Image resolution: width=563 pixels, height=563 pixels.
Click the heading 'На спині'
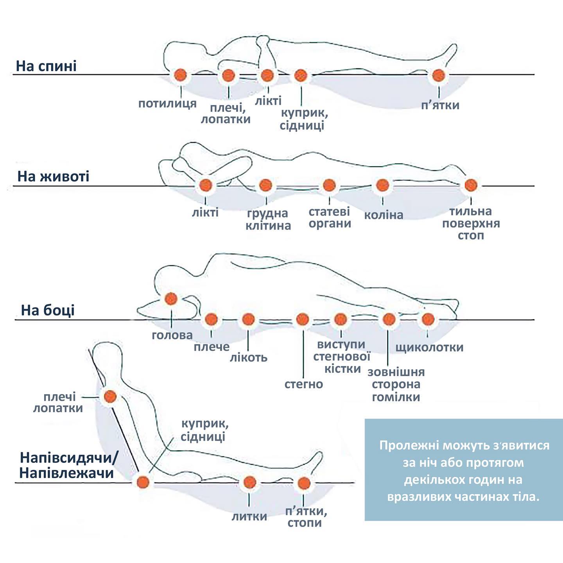pyautogui.click(x=46, y=66)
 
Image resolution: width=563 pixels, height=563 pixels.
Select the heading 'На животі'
pyautogui.click(x=53, y=176)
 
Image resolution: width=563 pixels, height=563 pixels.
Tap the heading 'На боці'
pyautogui.click(x=48, y=310)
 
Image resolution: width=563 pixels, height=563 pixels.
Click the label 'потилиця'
pyautogui.click(x=167, y=104)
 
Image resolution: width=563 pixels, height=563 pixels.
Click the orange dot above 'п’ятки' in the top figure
pyautogui.click(x=438, y=75)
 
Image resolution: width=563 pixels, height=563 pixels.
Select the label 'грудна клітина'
pyautogui.click(x=268, y=219)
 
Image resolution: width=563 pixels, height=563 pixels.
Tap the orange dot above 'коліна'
pyautogui.click(x=382, y=185)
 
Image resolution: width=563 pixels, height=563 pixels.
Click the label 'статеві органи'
pyautogui.click(x=330, y=218)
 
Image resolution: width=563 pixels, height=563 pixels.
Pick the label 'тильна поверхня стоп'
pyautogui.click(x=471, y=224)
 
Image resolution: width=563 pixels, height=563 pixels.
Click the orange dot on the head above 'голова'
pyautogui.click(x=171, y=299)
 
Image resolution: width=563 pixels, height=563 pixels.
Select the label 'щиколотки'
pyautogui.click(x=429, y=348)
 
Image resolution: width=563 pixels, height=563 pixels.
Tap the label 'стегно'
pyautogui.click(x=303, y=384)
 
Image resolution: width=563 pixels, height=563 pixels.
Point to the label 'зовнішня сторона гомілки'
pyautogui.click(x=396, y=384)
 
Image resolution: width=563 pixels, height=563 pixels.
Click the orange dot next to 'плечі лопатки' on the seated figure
pyautogui.click(x=110, y=396)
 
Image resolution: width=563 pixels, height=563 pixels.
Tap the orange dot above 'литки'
pyautogui.click(x=249, y=482)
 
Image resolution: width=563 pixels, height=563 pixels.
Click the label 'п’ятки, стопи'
pyautogui.click(x=305, y=517)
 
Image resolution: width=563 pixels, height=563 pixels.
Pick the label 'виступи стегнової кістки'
pyautogui.click(x=342, y=357)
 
